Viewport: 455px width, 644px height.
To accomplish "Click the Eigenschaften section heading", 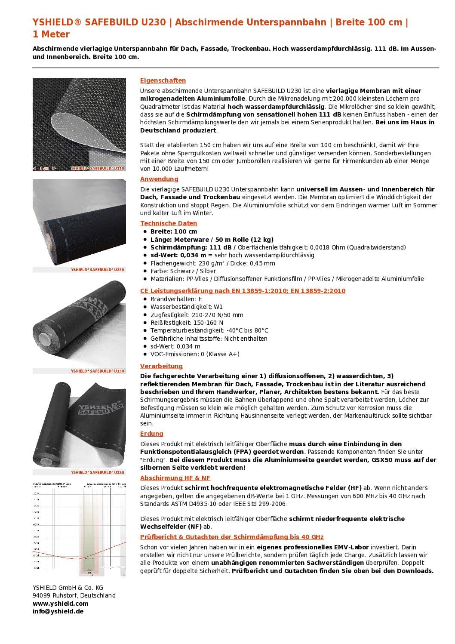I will pos(163,80).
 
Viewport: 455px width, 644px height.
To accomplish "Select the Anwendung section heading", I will pos(159,179).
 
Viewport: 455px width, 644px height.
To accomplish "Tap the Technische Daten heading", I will pos(169,223).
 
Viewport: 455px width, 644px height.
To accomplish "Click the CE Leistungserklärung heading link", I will pos(243,291).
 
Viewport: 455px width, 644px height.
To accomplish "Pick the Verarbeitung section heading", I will pos(161,366).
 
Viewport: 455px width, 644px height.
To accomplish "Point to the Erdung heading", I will pos(152,434).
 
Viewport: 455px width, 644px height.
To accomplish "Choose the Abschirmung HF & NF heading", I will pos(175,478).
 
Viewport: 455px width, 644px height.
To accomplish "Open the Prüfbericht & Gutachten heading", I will pos(232,537).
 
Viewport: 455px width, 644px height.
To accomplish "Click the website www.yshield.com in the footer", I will pos(60,604).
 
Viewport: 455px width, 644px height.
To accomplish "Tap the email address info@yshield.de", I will pos(58,611).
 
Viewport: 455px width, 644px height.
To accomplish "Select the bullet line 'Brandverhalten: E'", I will pos(176,299).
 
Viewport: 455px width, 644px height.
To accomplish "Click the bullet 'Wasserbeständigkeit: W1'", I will pos(187,307).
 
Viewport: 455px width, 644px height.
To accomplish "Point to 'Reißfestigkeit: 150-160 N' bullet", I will pos(187,323).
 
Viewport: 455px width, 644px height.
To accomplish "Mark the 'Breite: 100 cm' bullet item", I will pos(174,231).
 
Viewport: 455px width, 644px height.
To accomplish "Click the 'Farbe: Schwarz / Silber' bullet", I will pos(183,271).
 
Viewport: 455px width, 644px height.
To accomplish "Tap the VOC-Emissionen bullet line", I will pos(195,354).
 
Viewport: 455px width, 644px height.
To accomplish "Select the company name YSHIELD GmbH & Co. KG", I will pos(68,588).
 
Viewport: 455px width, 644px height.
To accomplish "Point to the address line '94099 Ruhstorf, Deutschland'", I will pos(74,595).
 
